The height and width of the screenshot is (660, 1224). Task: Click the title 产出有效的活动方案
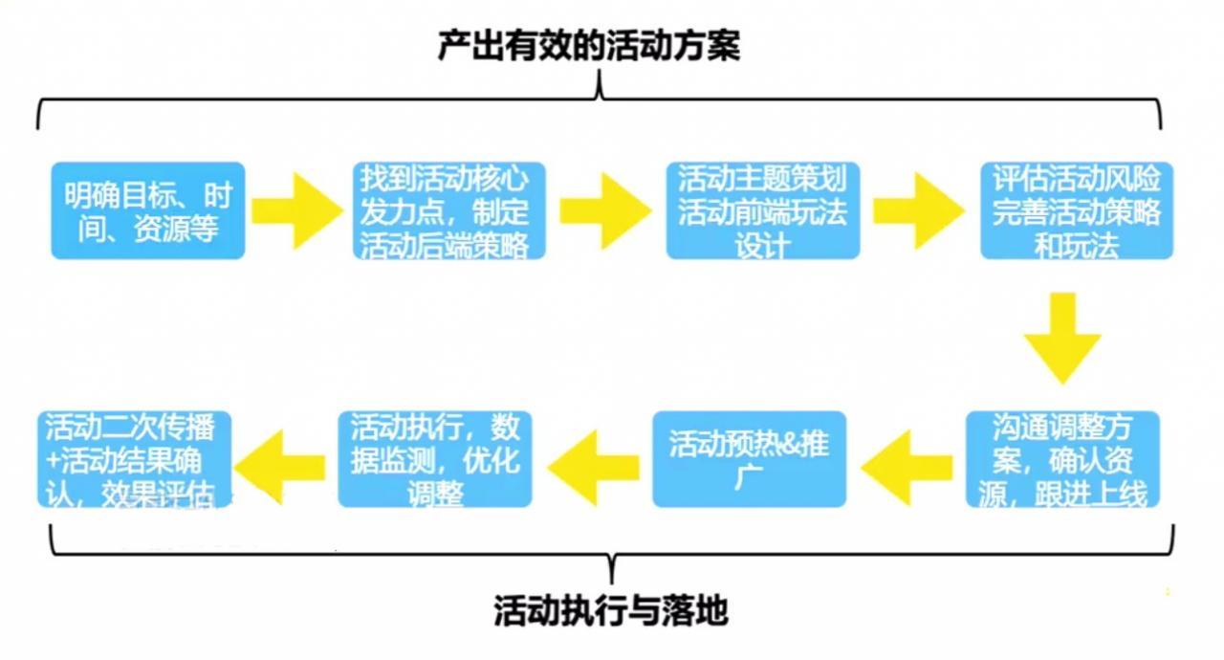(588, 45)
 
